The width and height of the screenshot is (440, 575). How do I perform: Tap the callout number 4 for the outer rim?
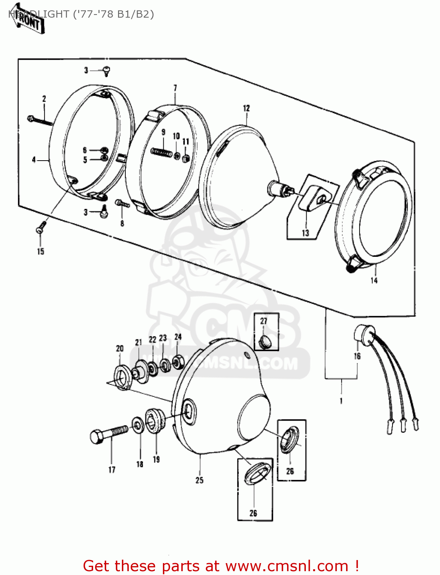(x=34, y=160)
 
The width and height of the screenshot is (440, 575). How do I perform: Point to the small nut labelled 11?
(x=186, y=158)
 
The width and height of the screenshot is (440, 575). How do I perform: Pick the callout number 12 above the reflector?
(x=246, y=108)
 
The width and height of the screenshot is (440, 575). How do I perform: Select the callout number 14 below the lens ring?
(x=374, y=280)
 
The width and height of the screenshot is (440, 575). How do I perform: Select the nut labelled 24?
(x=178, y=361)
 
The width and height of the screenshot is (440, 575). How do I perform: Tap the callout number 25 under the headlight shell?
(x=199, y=480)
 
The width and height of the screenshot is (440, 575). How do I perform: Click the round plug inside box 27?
(x=264, y=342)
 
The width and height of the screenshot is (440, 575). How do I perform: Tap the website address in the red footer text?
(x=286, y=566)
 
